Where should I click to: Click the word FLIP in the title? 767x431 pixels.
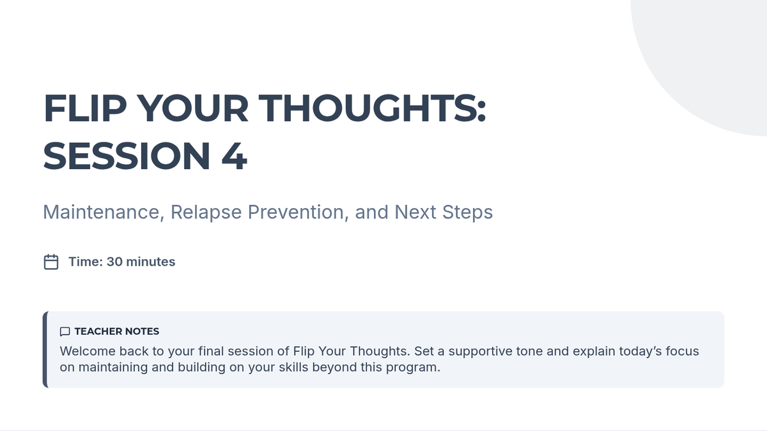pos(85,108)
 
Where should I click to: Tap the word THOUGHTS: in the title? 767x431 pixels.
pos(372,108)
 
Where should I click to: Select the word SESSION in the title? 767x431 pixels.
pos(127,156)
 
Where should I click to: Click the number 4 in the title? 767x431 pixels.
pos(234,156)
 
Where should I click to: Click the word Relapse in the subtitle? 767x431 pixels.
pos(206,213)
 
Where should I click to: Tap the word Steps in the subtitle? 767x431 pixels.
pos(467,213)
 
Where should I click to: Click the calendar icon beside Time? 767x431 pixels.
pos(51,262)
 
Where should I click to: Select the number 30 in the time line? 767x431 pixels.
pos(114,262)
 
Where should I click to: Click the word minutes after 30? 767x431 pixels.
pos(151,262)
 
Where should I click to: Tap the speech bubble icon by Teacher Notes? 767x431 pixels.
pos(65,331)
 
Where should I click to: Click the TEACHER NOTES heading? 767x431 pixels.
pos(117,331)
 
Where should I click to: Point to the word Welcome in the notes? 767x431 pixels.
pos(88,351)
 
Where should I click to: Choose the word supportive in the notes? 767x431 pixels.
pos(480,352)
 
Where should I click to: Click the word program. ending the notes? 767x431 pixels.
pos(414,368)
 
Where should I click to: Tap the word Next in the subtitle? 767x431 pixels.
pos(415,212)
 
